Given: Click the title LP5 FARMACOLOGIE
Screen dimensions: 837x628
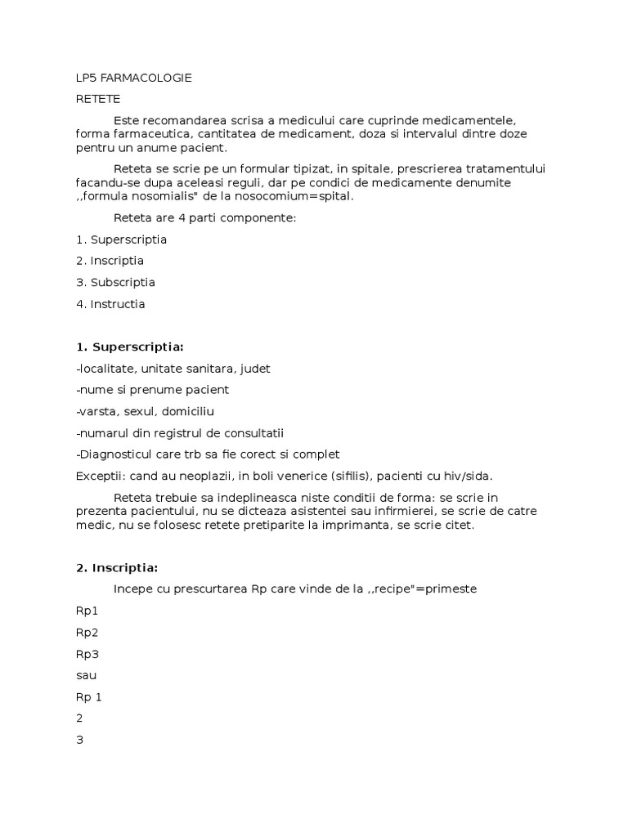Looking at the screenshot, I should click(x=133, y=78).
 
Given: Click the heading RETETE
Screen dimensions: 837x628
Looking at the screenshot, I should click(x=98, y=99).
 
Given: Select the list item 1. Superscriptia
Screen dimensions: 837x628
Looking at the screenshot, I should click(x=121, y=239).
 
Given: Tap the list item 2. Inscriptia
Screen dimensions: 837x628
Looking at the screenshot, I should click(x=110, y=261).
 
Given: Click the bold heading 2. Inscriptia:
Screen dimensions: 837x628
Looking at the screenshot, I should click(x=117, y=567).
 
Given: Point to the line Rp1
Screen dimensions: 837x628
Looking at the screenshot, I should click(x=87, y=611).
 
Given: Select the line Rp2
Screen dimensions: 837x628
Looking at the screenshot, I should click(x=87, y=632).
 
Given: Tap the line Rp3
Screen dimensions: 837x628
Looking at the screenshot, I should click(x=87, y=654).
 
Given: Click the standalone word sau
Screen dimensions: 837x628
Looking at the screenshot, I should click(x=86, y=675).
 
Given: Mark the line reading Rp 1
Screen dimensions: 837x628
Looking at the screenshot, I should click(x=89, y=696).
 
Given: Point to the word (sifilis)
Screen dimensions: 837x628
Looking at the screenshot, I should click(x=347, y=476).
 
